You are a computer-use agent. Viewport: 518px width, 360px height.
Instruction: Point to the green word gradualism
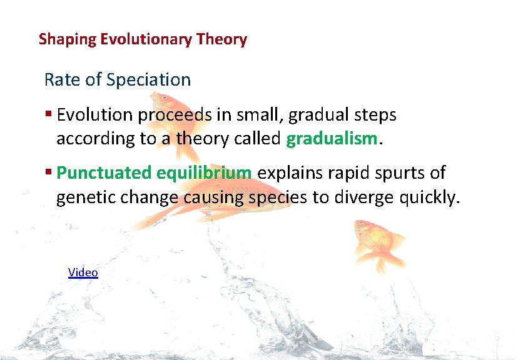[332, 139]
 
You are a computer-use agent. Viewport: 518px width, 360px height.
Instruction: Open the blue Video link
[83, 272]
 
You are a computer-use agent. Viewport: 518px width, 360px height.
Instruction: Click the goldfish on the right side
[375, 241]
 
